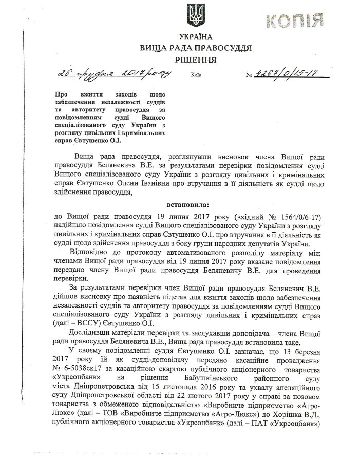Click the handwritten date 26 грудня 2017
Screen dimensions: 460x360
point(113,74)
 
